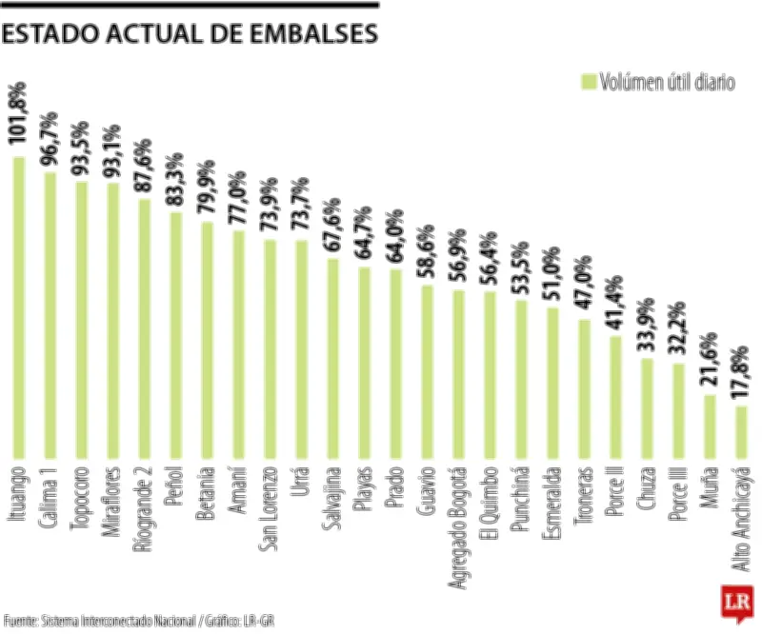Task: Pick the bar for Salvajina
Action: pos(332,358)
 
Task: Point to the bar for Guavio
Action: pos(427,371)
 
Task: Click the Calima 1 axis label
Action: pos(50,495)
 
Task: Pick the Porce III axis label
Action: pos(678,495)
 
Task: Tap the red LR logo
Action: pos(733,602)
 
